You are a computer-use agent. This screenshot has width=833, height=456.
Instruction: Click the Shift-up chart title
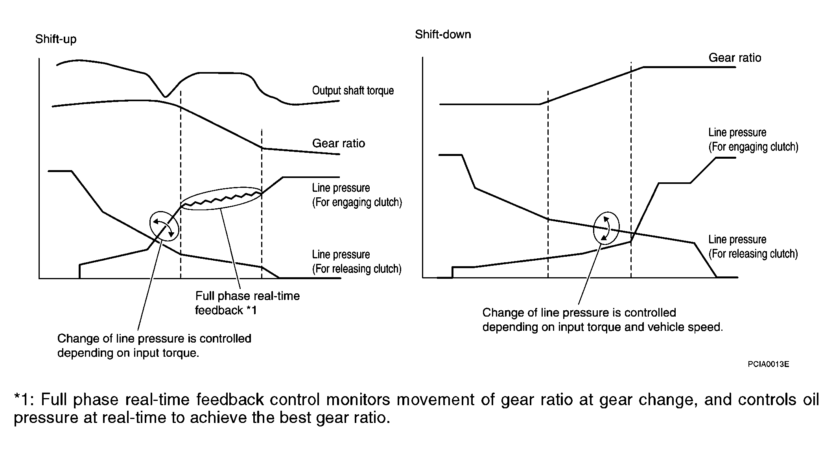[x=56, y=39]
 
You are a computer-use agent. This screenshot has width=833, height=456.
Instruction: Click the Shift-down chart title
[x=443, y=34]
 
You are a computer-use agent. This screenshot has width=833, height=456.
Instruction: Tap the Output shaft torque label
[x=353, y=91]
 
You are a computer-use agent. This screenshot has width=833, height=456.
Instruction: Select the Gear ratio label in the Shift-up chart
[x=338, y=143]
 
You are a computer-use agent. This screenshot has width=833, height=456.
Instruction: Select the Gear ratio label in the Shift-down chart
[x=735, y=58]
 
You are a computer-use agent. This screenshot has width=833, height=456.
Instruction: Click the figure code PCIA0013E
[x=768, y=364]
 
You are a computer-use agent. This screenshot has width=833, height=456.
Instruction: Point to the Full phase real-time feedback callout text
[x=247, y=303]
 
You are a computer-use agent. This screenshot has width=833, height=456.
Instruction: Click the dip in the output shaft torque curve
[x=166, y=96]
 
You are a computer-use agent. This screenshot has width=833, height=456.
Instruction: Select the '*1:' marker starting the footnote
[x=24, y=400]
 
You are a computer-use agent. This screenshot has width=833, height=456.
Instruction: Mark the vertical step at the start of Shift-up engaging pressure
[x=80, y=271]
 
